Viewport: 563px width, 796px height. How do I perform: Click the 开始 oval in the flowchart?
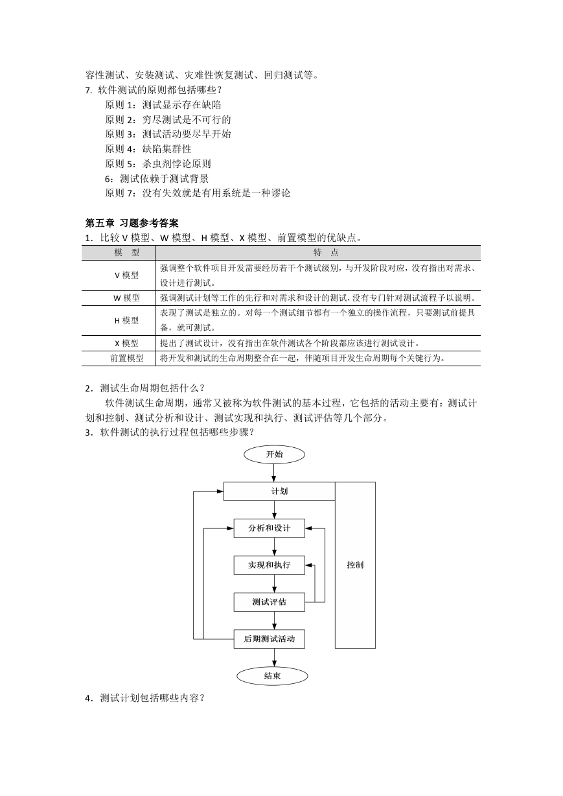(x=274, y=454)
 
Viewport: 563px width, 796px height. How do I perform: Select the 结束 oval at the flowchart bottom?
(x=272, y=675)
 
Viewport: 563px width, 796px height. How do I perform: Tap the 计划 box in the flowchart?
(x=279, y=491)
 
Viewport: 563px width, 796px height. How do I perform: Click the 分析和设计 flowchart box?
(x=270, y=528)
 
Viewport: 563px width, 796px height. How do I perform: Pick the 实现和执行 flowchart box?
(x=270, y=565)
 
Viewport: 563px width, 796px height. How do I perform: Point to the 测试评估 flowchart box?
(x=270, y=602)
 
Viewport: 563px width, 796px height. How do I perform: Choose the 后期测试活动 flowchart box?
(x=270, y=639)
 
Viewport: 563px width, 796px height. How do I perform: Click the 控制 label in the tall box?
(x=355, y=565)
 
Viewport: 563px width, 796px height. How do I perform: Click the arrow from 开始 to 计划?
(x=274, y=473)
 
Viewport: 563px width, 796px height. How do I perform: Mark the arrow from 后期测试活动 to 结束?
(x=274, y=657)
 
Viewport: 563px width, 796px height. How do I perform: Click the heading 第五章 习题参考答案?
(x=132, y=223)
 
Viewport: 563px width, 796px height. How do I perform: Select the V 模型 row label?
(x=126, y=275)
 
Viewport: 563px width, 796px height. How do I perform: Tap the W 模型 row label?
(x=126, y=298)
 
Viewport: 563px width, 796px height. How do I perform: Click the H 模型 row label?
(x=126, y=320)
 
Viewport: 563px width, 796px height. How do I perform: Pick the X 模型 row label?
(x=126, y=344)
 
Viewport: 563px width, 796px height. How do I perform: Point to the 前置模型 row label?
(x=126, y=358)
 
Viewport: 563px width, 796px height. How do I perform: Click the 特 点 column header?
(x=326, y=252)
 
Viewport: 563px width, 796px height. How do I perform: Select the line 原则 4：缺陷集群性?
(x=148, y=149)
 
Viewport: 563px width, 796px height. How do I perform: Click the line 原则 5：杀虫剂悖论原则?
(x=158, y=164)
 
